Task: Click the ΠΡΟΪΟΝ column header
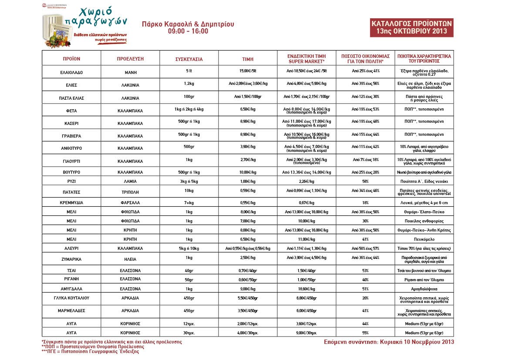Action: [x=71, y=58]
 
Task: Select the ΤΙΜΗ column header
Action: [x=248, y=58]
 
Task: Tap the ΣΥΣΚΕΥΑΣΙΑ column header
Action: [x=189, y=58]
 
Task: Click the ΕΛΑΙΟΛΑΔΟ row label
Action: [x=71, y=71]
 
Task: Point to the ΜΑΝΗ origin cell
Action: [x=131, y=71]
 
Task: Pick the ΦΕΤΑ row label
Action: [x=71, y=111]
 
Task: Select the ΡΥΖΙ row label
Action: [x=71, y=180]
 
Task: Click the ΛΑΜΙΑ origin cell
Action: [x=131, y=180]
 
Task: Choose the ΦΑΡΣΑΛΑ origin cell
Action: [x=131, y=202]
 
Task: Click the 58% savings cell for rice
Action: [x=365, y=180]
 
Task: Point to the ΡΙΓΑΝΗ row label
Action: [x=71, y=279]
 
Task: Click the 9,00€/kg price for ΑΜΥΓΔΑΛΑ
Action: [x=248, y=289]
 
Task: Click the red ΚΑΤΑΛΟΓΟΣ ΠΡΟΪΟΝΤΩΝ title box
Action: [x=411, y=27]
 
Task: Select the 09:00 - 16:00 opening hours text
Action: [x=188, y=31]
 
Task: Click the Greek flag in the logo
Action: [x=58, y=34]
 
